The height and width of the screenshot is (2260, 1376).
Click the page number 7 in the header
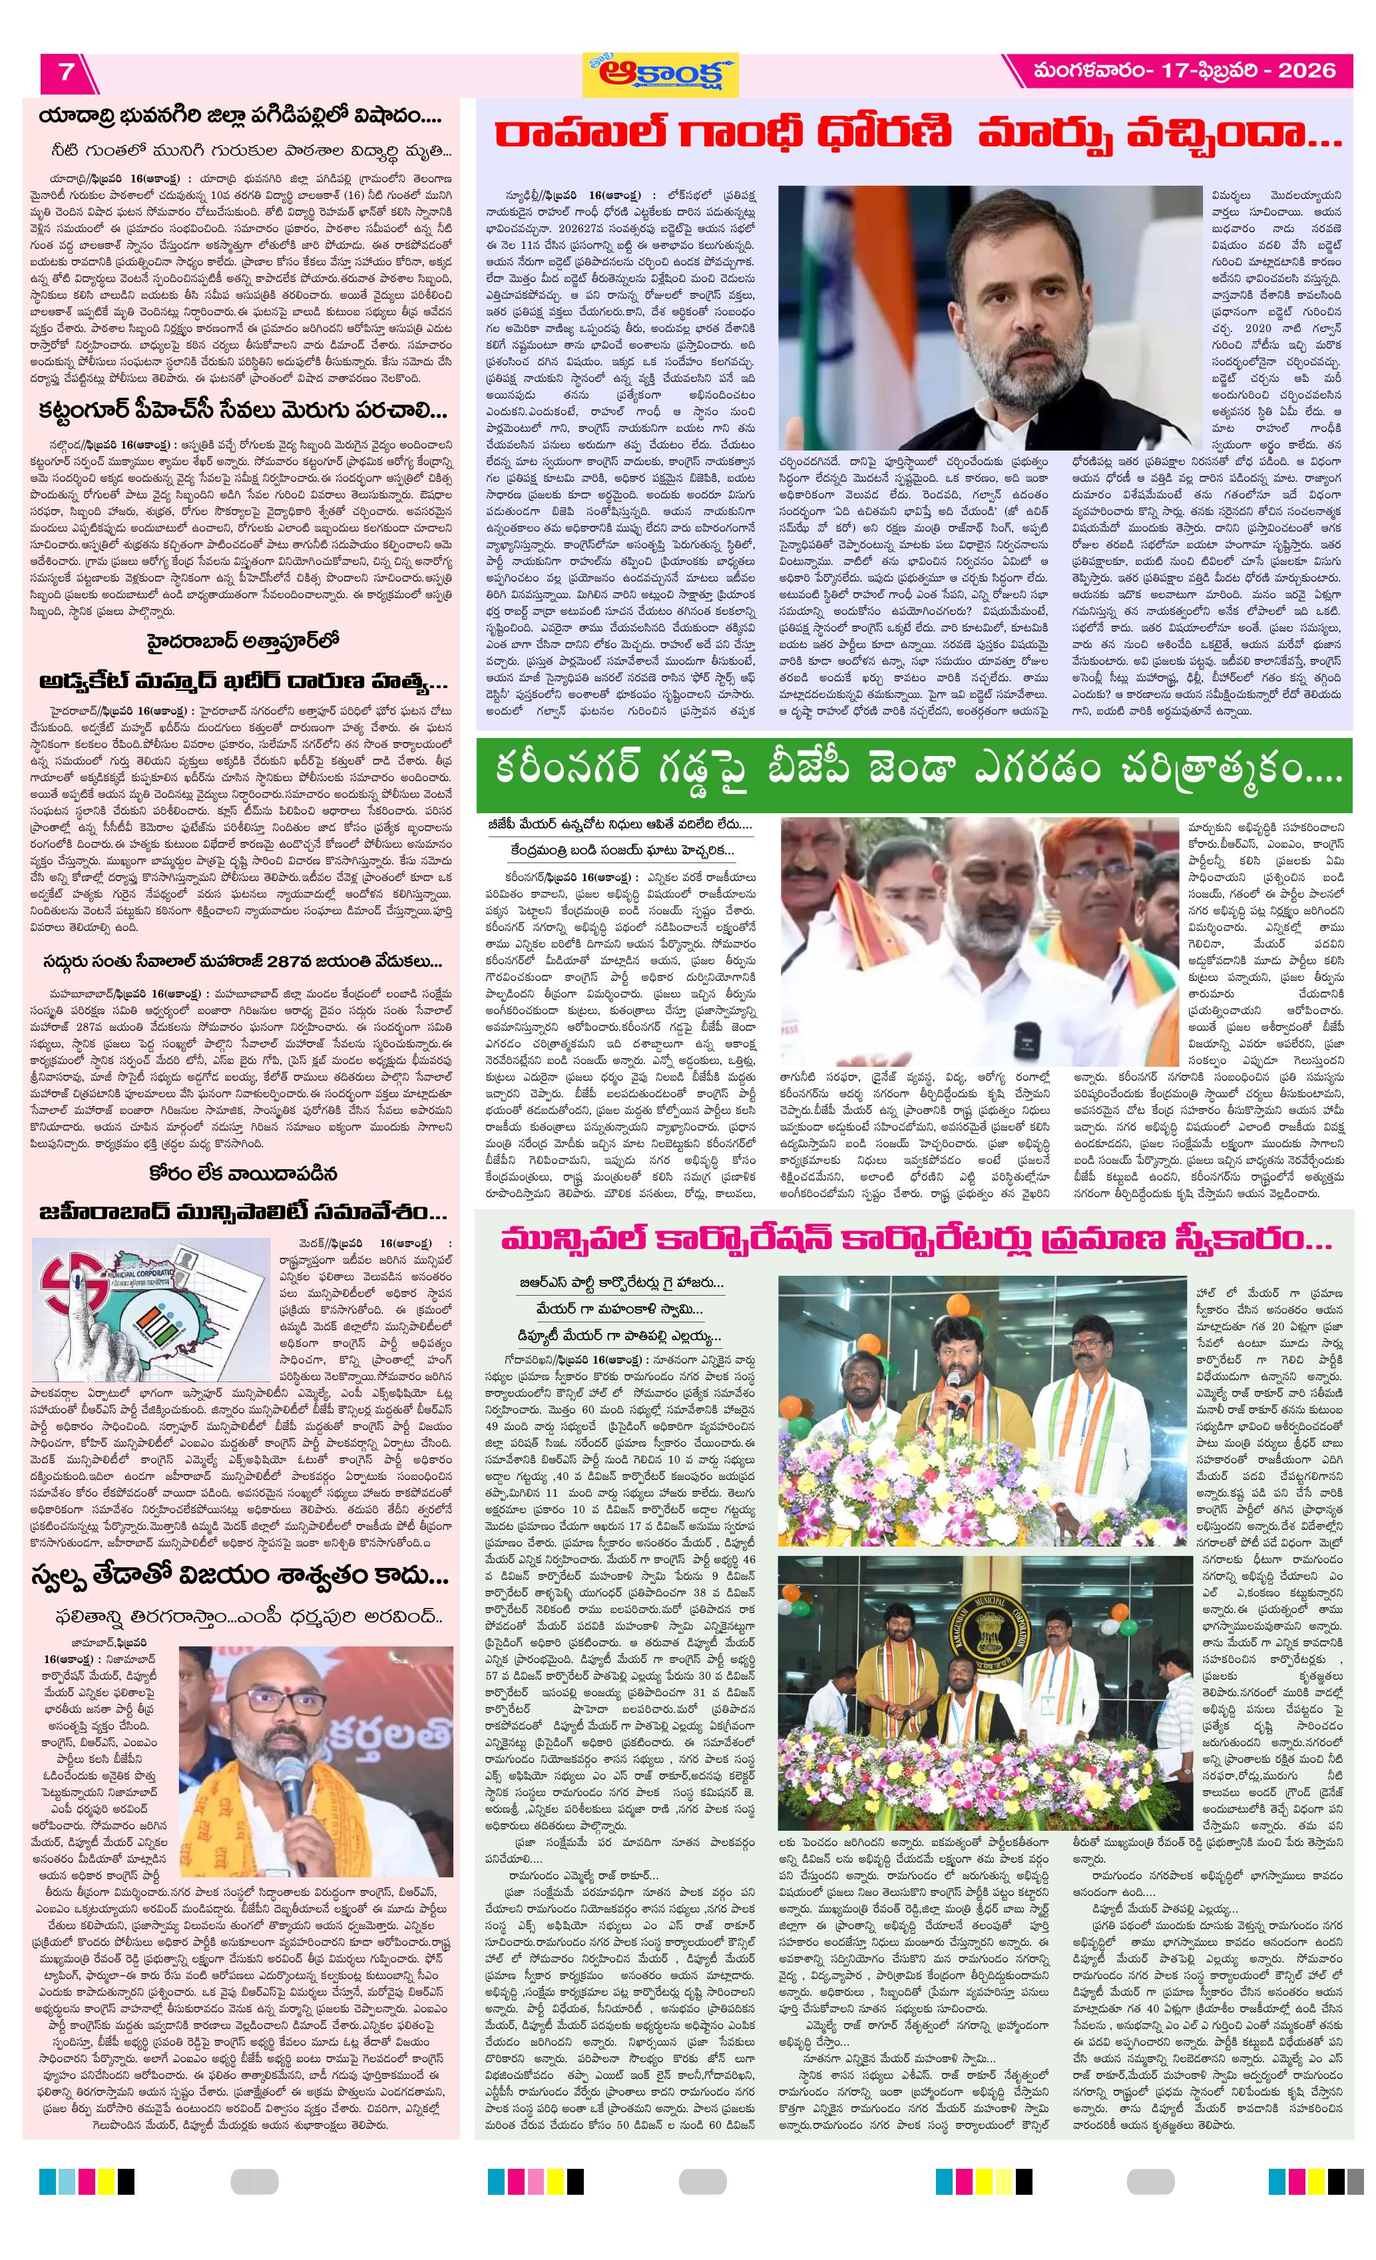[66, 72]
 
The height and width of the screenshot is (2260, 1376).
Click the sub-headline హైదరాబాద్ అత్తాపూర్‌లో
[242, 641]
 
